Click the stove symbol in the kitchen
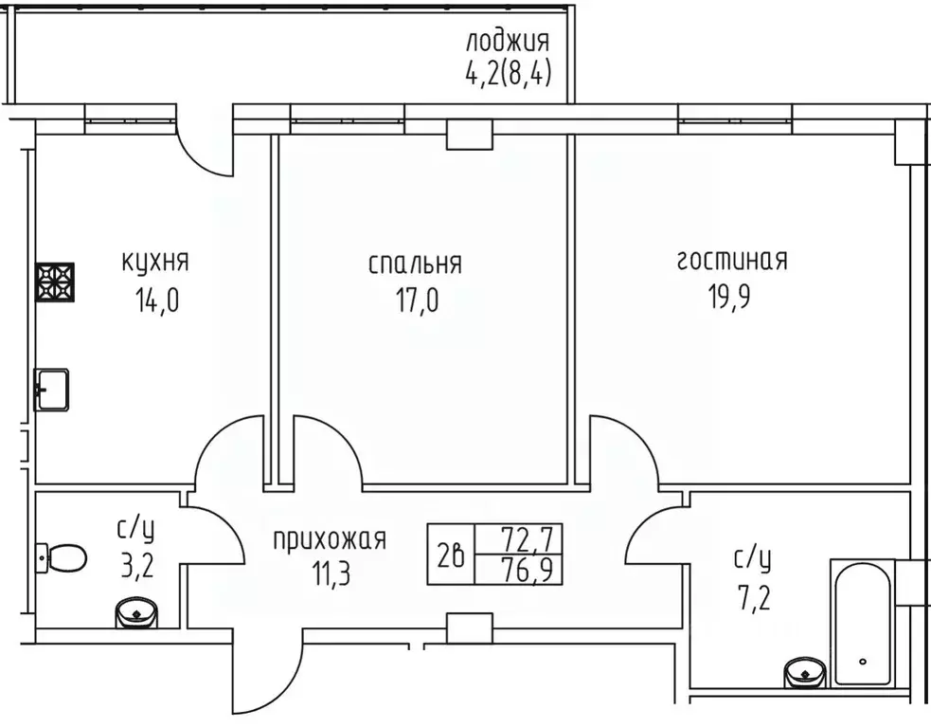pos(55,282)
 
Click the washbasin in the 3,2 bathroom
pos(137,614)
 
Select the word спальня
pos(415,263)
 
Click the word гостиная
pos(731,261)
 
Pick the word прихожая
pos(330,540)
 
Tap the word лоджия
pos(508,42)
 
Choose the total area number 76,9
pos(530,573)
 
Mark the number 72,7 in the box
pos(530,540)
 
